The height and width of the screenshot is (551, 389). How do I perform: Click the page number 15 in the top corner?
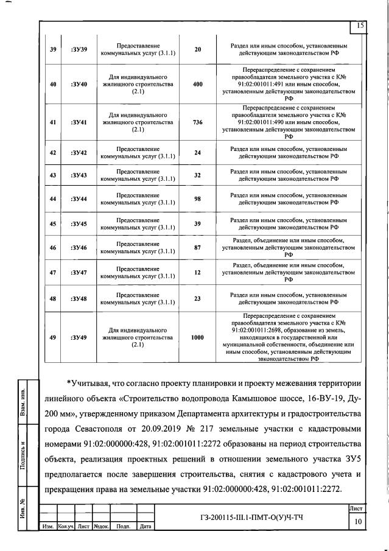[x=360, y=25]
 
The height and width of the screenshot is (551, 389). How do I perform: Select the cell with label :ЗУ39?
[x=79, y=49]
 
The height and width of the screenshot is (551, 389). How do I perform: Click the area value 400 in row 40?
[x=197, y=85]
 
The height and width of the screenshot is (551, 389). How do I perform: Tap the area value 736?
[x=197, y=122]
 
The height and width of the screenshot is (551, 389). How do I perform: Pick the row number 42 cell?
[x=53, y=153]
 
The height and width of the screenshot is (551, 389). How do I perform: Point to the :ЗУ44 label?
[x=79, y=199]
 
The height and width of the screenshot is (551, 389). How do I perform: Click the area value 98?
[x=197, y=199]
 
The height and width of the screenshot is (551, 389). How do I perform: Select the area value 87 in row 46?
[x=197, y=248]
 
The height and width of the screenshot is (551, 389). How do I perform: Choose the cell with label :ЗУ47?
[x=79, y=272]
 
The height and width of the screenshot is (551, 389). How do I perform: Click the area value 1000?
[x=197, y=337]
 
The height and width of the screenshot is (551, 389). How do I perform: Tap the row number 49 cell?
[x=53, y=337]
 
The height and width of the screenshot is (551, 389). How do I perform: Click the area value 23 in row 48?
[x=197, y=298]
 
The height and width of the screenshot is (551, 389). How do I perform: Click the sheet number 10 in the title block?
[x=359, y=521]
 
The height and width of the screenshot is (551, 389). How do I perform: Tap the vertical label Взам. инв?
[x=23, y=401]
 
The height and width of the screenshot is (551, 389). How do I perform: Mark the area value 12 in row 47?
[x=197, y=272]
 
